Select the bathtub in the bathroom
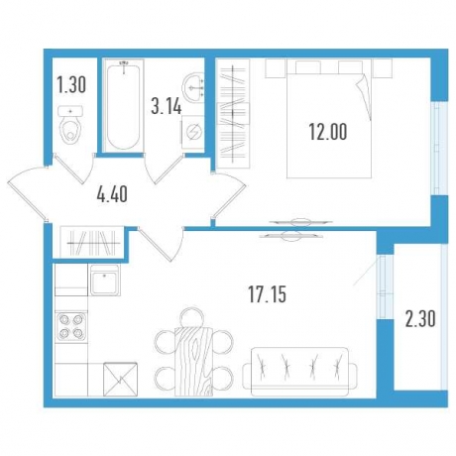click(x=123, y=106)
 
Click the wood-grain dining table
click(x=195, y=352)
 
